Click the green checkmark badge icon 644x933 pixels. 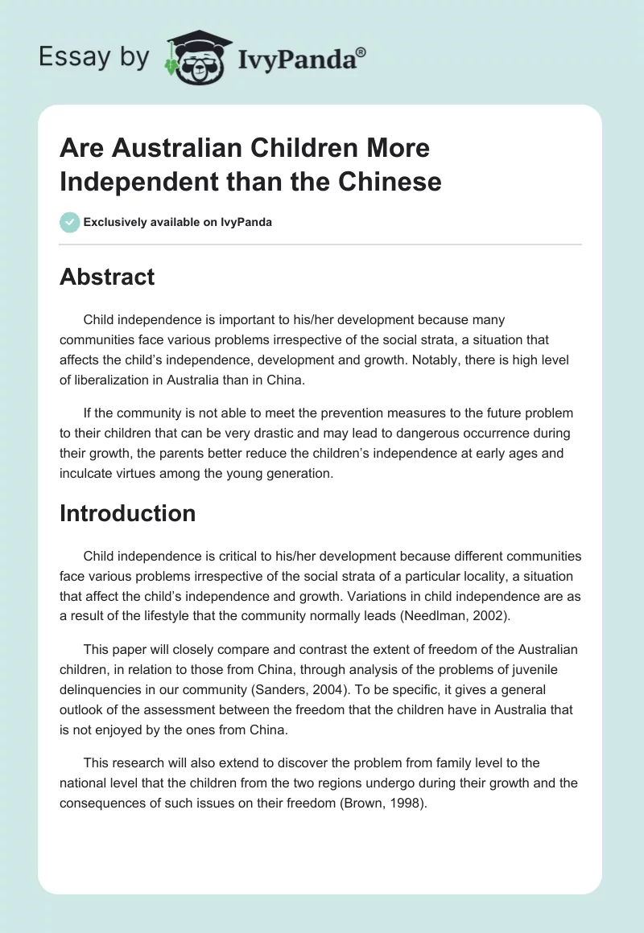pyautogui.click(x=70, y=222)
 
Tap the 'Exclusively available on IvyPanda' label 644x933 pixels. pyautogui.click(x=178, y=222)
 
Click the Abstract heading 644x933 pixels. pyautogui.click(x=107, y=277)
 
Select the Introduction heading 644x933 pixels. pyautogui.click(x=127, y=513)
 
